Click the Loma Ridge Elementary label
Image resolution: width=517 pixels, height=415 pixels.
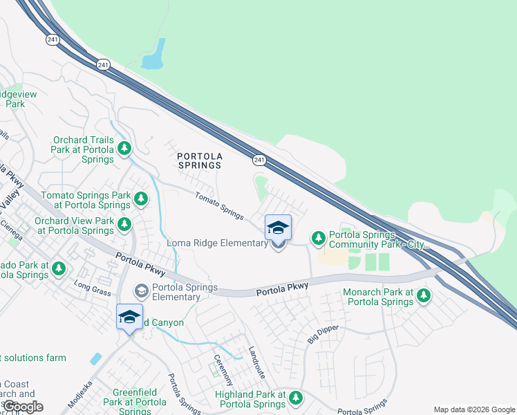click(x=217, y=243)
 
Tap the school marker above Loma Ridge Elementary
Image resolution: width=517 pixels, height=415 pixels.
click(x=278, y=227)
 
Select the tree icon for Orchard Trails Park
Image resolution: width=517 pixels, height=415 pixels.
click(x=124, y=148)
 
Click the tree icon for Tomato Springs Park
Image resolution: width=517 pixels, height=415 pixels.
click(x=141, y=200)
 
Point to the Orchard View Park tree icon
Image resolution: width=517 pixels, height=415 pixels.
click(x=124, y=224)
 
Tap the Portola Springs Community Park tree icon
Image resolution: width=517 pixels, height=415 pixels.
click(x=318, y=239)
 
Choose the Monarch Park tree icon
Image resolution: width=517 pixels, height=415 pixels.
click(x=423, y=297)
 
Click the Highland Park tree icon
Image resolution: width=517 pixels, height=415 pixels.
click(x=296, y=398)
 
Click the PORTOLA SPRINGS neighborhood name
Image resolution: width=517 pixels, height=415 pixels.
click(x=199, y=160)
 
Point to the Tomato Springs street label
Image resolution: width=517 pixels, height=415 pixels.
click(x=218, y=205)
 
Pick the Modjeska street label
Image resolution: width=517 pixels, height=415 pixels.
click(x=80, y=393)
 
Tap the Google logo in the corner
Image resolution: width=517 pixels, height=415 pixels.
click(x=23, y=406)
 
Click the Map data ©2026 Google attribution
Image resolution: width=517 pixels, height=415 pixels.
click(x=473, y=409)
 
